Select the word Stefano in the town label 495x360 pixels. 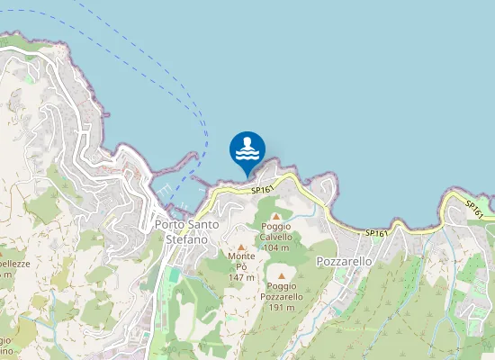[x=187, y=239]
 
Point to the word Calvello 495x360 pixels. [x=277, y=236]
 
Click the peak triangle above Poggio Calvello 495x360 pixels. [x=276, y=216]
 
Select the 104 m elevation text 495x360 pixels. [x=276, y=247]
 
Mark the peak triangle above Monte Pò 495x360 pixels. [x=241, y=247]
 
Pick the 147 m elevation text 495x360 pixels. [x=241, y=278]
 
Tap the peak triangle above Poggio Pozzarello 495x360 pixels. [x=281, y=276]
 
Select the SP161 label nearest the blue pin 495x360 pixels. [x=261, y=190]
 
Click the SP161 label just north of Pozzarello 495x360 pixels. [x=376, y=233]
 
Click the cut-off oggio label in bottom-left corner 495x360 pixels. [x=6, y=339]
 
